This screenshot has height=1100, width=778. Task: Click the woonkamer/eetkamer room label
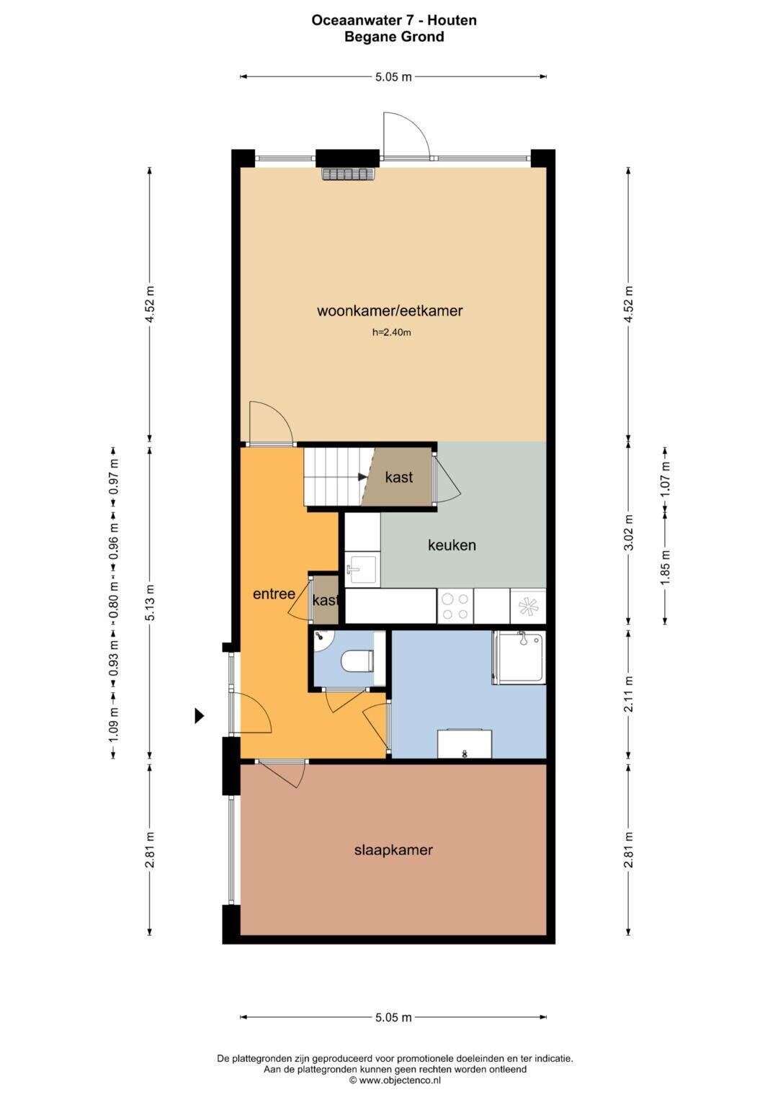390,311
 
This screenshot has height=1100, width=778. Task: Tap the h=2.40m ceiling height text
391,333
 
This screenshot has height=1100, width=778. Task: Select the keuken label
452,545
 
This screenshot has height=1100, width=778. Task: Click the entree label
274,594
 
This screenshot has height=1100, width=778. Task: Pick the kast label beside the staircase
399,477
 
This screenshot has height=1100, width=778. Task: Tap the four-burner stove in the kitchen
455,606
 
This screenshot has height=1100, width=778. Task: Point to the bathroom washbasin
465,743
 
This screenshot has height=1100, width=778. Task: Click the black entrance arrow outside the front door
199,716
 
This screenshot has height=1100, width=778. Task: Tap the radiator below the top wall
349,174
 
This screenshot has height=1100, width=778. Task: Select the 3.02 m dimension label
629,532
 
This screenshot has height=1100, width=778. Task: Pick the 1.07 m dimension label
666,479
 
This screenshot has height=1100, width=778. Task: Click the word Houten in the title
452,20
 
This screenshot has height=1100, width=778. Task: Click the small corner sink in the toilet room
322,638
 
